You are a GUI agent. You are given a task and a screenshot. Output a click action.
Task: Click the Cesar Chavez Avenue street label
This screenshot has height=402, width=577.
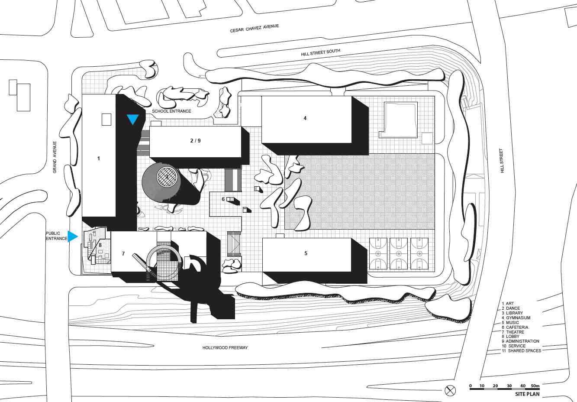click(x=254, y=28)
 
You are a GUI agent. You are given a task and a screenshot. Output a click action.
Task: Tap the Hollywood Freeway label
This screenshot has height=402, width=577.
click(x=225, y=347)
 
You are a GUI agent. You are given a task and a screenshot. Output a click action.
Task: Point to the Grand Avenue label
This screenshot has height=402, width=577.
click(x=55, y=157)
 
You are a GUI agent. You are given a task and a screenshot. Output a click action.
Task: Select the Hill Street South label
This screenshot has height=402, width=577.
click(x=320, y=52)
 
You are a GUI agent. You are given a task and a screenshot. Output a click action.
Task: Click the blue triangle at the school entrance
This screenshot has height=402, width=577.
click(x=133, y=120)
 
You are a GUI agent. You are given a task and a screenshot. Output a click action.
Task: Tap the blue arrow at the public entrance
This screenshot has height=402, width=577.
click(x=73, y=237)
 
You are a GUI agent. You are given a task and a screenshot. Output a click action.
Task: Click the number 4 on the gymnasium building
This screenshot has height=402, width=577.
click(x=305, y=118)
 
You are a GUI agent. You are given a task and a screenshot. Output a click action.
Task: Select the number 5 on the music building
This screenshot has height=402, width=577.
click(x=306, y=253)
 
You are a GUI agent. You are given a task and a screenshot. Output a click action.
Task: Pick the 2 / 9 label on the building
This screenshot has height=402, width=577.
click(x=195, y=140)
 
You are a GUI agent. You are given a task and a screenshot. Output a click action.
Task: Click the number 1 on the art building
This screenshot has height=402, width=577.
click(x=98, y=159)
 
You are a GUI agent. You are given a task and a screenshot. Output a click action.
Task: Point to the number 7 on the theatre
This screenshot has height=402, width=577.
click(x=123, y=254)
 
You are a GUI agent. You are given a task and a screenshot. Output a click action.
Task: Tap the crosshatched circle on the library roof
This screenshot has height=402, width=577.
click(x=167, y=177)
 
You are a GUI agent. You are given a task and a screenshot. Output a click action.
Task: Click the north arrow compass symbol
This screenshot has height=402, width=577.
click(x=450, y=390)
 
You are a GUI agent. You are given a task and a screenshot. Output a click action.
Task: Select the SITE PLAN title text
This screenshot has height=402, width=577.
click(x=527, y=394)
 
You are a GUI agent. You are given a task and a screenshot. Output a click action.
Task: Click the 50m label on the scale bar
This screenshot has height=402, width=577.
click(x=535, y=386)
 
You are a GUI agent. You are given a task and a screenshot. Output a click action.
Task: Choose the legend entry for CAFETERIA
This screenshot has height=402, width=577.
click(x=515, y=327)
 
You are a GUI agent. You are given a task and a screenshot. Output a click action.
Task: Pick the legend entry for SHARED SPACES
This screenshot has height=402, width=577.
click(x=521, y=351)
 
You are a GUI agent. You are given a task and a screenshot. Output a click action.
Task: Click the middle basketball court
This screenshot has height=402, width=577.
click(x=399, y=254)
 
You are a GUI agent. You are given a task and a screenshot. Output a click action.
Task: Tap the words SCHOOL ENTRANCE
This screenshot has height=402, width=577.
click(x=171, y=111)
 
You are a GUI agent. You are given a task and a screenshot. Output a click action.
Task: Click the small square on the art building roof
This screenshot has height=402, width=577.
click(x=106, y=120)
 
